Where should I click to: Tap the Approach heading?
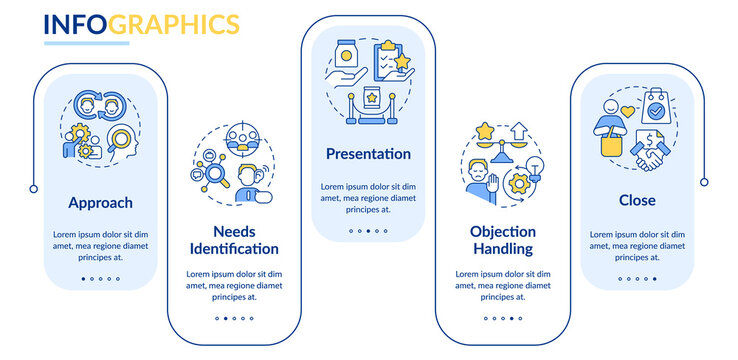(x=100, y=203)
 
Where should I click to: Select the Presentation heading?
(x=368, y=154)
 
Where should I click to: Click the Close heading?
(x=637, y=200)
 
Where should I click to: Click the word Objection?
(x=503, y=230)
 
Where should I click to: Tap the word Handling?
(x=502, y=248)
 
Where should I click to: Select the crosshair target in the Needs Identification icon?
(x=239, y=135)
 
